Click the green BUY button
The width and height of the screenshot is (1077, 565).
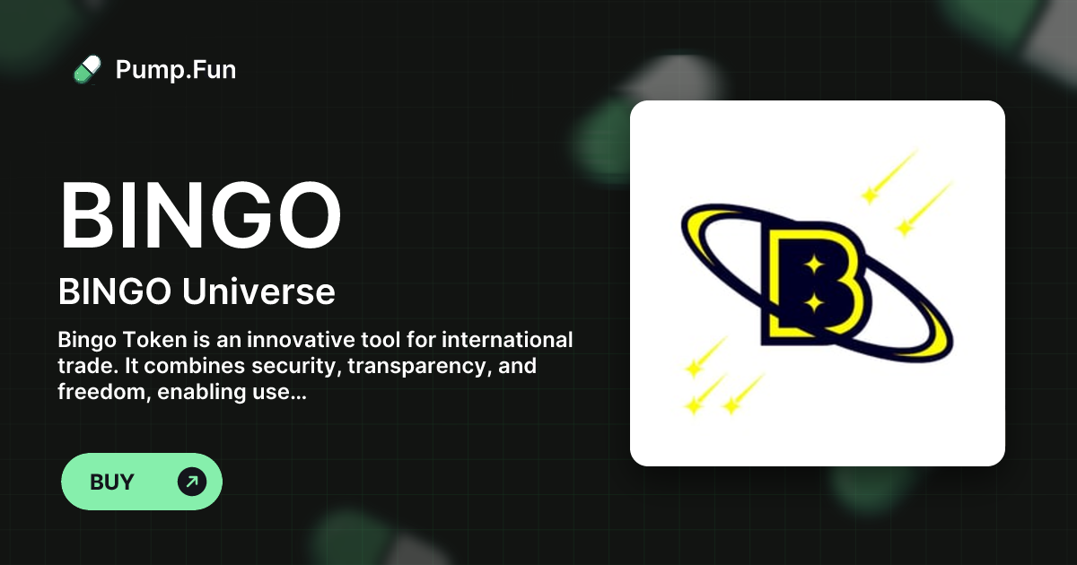pyautogui.click(x=141, y=482)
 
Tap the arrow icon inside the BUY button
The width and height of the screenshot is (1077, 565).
pyautogui.click(x=191, y=482)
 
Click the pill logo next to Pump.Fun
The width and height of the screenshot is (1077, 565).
pyautogui.click(x=87, y=69)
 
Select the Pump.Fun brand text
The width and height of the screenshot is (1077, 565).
pyautogui.click(x=176, y=69)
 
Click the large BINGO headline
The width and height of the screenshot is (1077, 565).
pyautogui.click(x=200, y=218)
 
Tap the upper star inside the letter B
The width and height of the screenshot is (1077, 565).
pyautogui.click(x=813, y=265)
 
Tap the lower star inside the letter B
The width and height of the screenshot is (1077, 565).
pyautogui.click(x=813, y=303)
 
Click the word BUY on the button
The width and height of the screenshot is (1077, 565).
pyautogui.click(x=112, y=482)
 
